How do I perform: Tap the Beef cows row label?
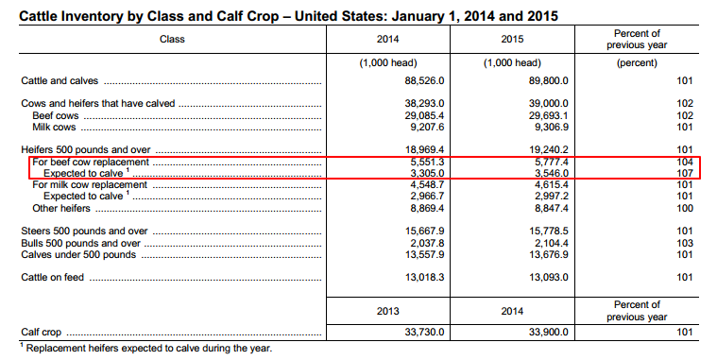point(56,113)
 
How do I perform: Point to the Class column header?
point(173,39)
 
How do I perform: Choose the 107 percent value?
point(685,174)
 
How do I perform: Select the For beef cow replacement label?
point(91,163)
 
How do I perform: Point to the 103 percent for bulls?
point(685,242)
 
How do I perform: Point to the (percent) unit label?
point(638,62)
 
